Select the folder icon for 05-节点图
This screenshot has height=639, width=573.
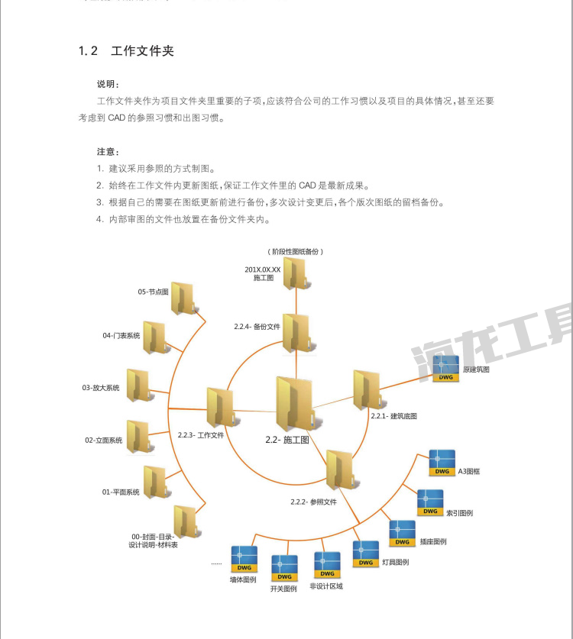(x=184, y=299)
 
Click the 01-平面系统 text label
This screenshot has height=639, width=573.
(x=121, y=492)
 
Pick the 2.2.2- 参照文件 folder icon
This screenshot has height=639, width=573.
(x=339, y=469)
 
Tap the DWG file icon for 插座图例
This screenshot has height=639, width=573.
(x=402, y=533)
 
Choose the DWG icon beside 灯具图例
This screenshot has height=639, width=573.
(x=365, y=554)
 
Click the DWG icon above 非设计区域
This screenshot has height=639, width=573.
(x=327, y=566)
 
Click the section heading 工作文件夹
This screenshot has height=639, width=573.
(x=143, y=51)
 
